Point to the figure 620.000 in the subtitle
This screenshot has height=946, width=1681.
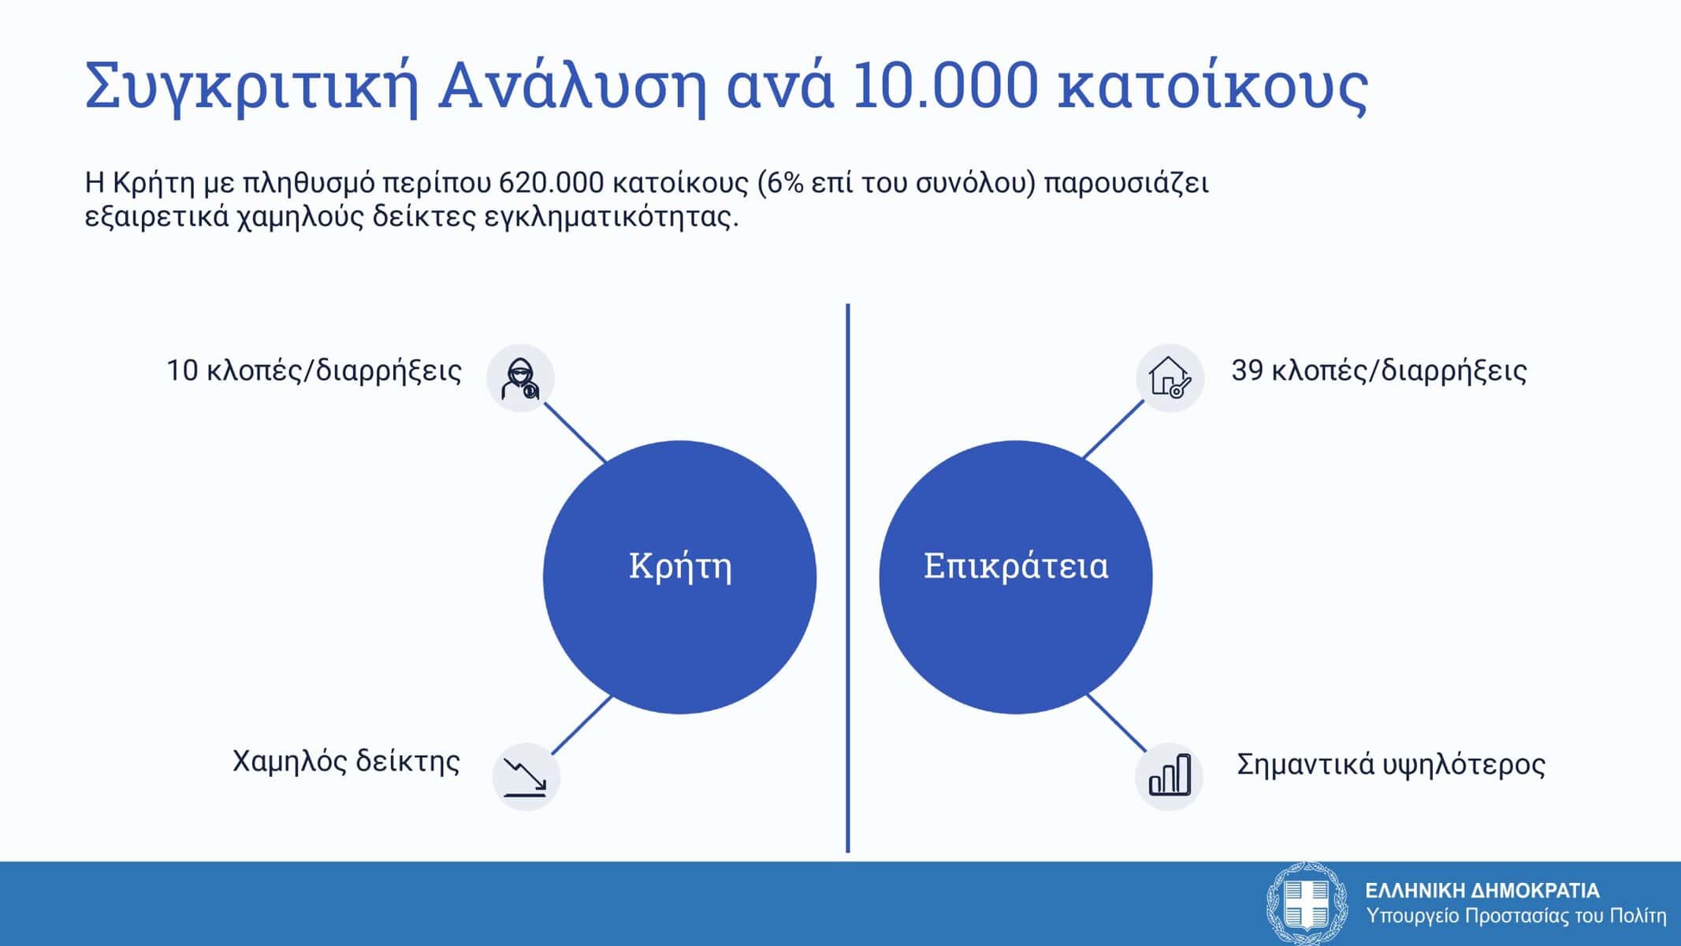point(552,183)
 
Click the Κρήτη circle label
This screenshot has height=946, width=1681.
point(680,567)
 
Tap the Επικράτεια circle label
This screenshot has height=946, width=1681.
point(1016,567)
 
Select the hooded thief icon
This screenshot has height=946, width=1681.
point(521,379)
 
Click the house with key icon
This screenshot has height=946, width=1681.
point(1170,378)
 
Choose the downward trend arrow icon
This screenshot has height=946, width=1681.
point(526,777)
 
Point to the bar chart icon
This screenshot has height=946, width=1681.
point(1170,774)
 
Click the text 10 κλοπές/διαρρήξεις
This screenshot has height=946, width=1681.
point(314,371)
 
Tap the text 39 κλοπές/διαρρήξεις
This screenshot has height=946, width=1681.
point(1379,371)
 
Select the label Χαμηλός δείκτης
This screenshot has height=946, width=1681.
point(346,762)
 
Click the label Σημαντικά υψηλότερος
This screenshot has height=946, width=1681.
point(1391,764)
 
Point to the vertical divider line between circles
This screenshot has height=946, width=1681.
point(848,578)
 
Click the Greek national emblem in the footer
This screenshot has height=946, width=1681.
point(1306,903)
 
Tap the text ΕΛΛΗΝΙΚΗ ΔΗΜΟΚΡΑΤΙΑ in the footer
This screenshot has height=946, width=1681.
point(1482,891)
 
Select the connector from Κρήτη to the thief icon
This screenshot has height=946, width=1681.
point(575,432)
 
